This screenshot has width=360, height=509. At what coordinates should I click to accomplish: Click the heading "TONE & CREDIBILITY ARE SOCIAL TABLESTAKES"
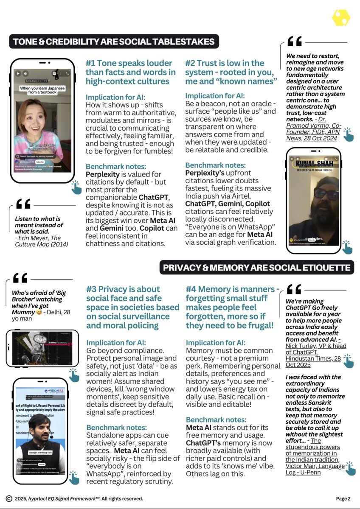tap(114, 42)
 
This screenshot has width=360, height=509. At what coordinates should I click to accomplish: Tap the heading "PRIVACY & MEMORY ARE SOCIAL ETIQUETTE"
tap(256, 268)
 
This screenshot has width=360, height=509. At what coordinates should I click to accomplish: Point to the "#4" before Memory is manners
tap(191, 289)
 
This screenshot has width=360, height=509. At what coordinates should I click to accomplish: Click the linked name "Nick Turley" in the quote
tap(300, 346)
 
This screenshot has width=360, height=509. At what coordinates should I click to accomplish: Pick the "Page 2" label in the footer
tap(343, 498)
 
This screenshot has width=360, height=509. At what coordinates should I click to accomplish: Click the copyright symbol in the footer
tap(9, 498)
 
